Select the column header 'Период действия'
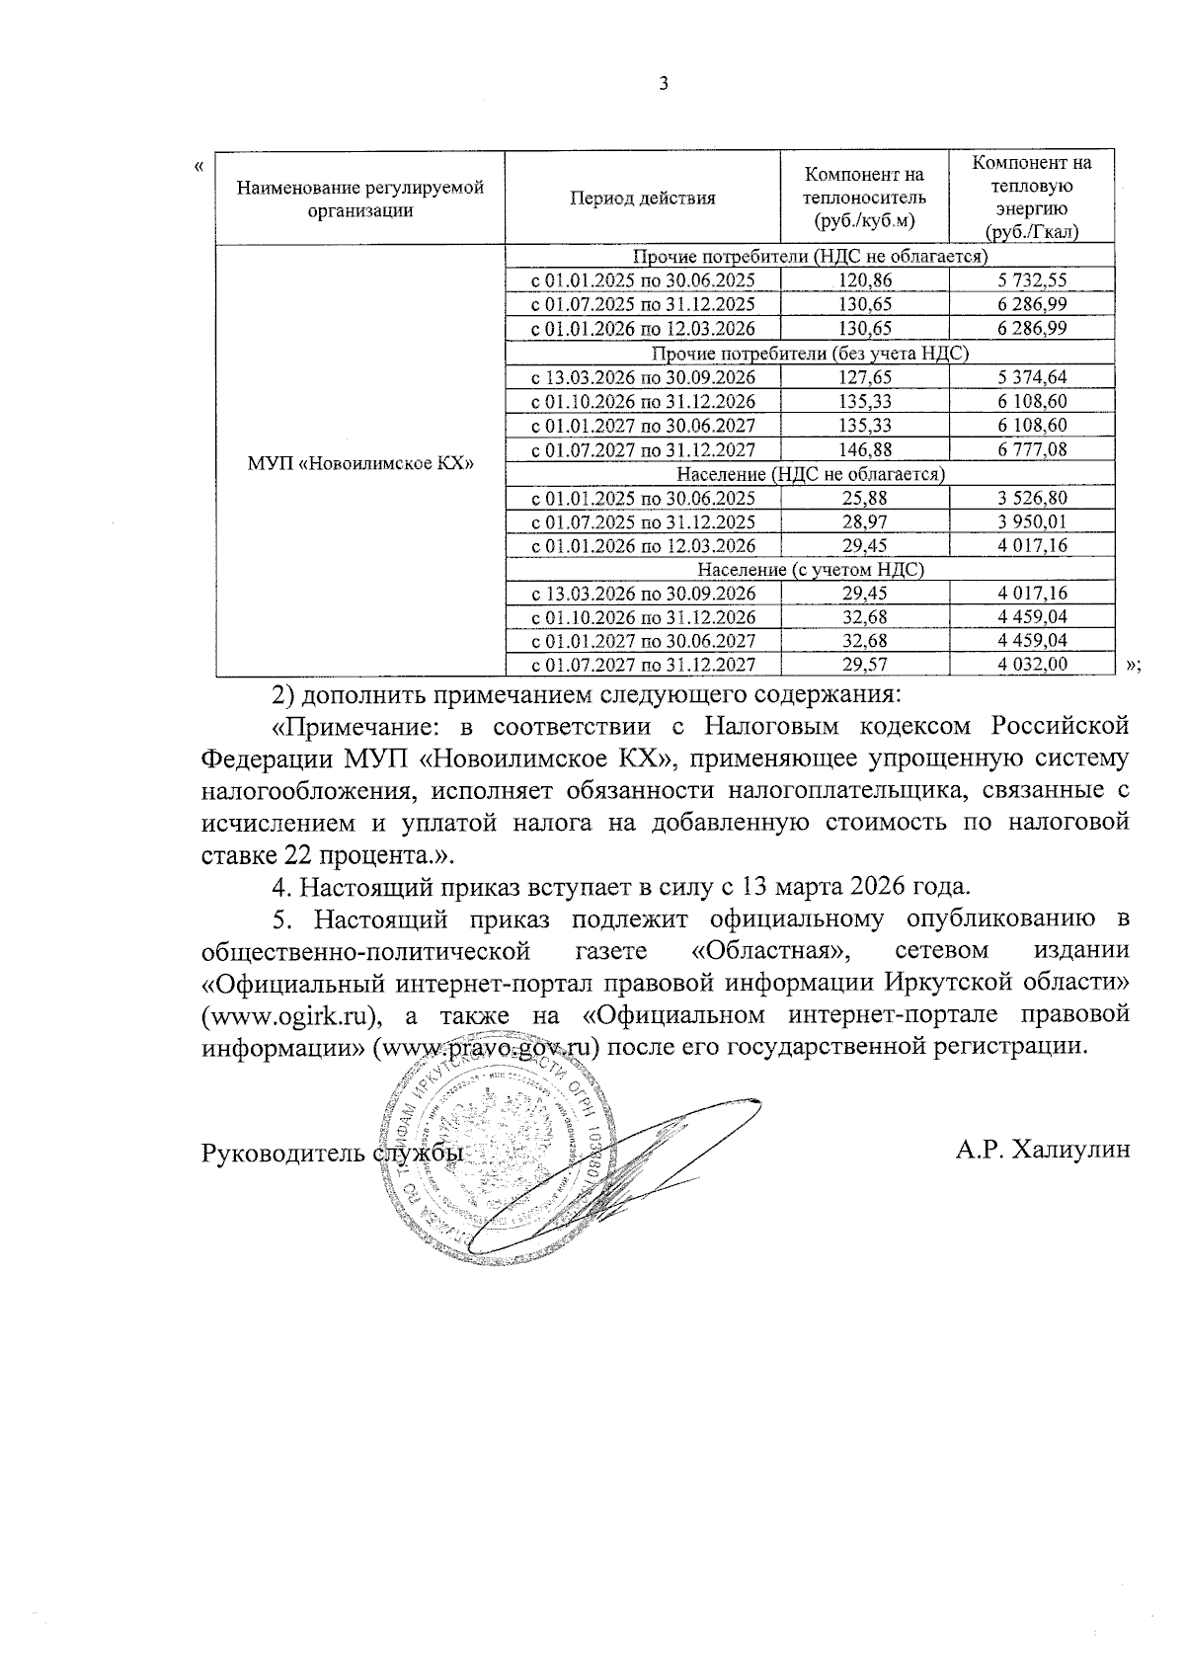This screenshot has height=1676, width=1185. point(642,198)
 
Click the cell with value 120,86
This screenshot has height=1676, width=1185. point(864,280)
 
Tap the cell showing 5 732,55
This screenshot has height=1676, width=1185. point(1032,280)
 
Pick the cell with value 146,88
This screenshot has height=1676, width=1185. point(864,449)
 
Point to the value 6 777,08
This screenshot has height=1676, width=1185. point(1032,449)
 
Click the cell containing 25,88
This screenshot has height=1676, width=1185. point(864,498)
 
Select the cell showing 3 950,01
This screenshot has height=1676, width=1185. point(1032,521)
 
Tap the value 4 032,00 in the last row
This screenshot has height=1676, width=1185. point(1032,665)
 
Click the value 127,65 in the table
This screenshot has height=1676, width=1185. point(864,377)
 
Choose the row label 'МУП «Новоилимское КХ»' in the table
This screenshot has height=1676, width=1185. point(360,461)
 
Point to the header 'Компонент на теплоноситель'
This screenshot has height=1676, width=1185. point(864,198)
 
